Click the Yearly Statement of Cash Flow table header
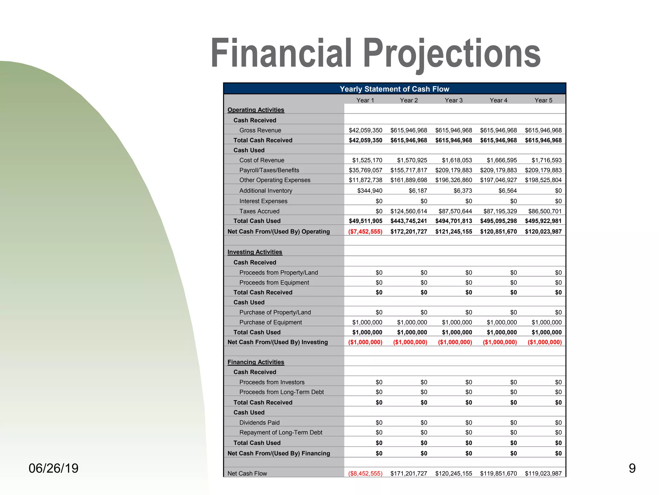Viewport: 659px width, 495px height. (x=394, y=89)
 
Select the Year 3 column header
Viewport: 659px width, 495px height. (x=453, y=100)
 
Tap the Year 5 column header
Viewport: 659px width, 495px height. (x=543, y=100)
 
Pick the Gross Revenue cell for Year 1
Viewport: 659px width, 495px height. (x=366, y=130)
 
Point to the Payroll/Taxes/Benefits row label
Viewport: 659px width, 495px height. (x=269, y=170)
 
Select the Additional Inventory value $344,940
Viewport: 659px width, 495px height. (x=370, y=190)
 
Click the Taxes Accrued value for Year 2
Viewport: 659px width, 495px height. (x=409, y=211)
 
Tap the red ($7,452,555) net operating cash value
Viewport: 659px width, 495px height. (x=365, y=231)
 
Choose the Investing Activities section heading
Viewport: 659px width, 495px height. (x=255, y=252)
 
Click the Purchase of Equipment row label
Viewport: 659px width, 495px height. (x=270, y=322)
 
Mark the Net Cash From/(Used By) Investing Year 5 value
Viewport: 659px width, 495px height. (x=544, y=342)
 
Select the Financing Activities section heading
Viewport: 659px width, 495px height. (x=255, y=362)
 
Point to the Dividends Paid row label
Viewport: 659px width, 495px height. (x=259, y=422)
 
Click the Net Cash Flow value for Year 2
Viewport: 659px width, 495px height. (x=409, y=473)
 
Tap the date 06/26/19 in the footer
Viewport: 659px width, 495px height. (x=53, y=468)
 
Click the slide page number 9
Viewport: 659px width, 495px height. (x=632, y=468)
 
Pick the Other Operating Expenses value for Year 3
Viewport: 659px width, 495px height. (x=453, y=180)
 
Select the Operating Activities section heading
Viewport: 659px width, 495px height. (x=255, y=110)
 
